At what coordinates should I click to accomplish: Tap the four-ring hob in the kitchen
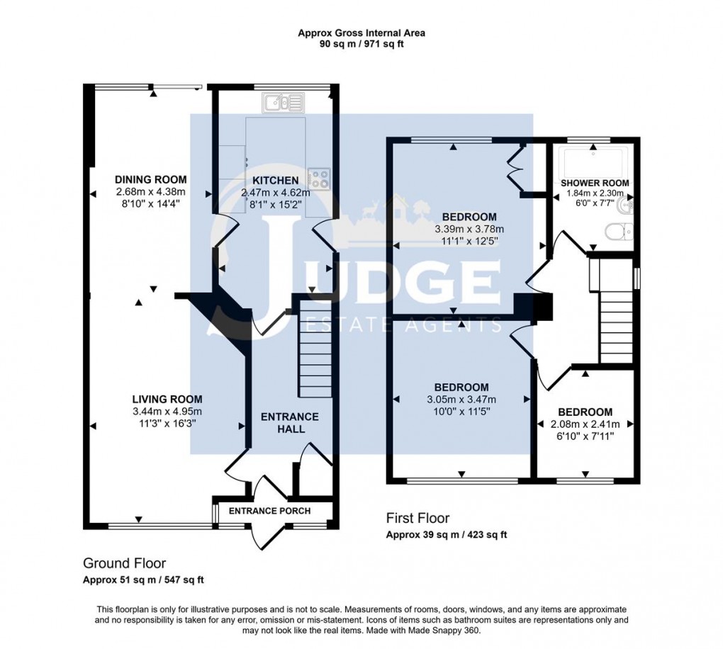tap(319, 179)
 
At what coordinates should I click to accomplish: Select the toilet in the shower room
tap(621, 232)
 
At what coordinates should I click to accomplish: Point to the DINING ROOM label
tap(151, 180)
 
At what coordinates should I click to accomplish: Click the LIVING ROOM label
tap(167, 400)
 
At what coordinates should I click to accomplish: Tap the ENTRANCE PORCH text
tap(270, 511)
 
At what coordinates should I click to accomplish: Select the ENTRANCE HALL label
tap(290, 423)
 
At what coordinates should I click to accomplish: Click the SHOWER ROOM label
tap(595, 184)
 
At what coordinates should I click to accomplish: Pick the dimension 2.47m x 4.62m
tap(276, 193)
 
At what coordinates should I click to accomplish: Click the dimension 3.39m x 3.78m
tap(469, 229)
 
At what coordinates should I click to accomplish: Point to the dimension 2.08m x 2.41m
tap(585, 424)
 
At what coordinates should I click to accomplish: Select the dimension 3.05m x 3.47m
tap(461, 400)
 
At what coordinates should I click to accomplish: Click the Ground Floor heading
tap(125, 563)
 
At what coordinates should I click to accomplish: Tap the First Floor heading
tap(417, 518)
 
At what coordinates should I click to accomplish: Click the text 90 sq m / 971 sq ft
tap(361, 45)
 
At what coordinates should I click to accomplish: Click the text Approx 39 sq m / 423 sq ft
tap(447, 535)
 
